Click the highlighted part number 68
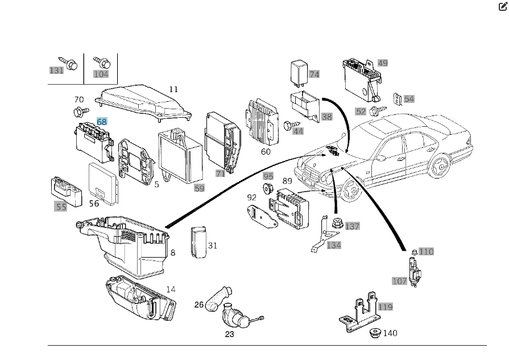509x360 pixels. click(x=102, y=122)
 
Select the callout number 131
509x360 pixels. click(x=56, y=71)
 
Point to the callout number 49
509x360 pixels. click(x=382, y=63)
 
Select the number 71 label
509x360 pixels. click(x=220, y=173)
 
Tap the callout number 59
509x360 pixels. click(x=199, y=188)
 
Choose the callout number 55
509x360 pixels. click(x=61, y=206)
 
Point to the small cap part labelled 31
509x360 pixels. click(x=198, y=242)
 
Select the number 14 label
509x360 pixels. click(x=171, y=289)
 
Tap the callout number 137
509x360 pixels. click(x=352, y=226)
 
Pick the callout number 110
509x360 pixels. click(x=426, y=251)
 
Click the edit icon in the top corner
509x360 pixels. click(x=502, y=7)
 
